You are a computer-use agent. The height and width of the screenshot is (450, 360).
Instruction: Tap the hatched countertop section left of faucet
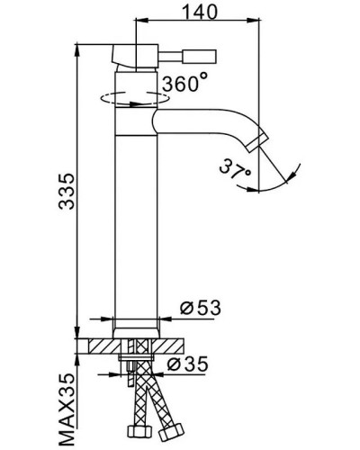pyautogui.click(x=97, y=345)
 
